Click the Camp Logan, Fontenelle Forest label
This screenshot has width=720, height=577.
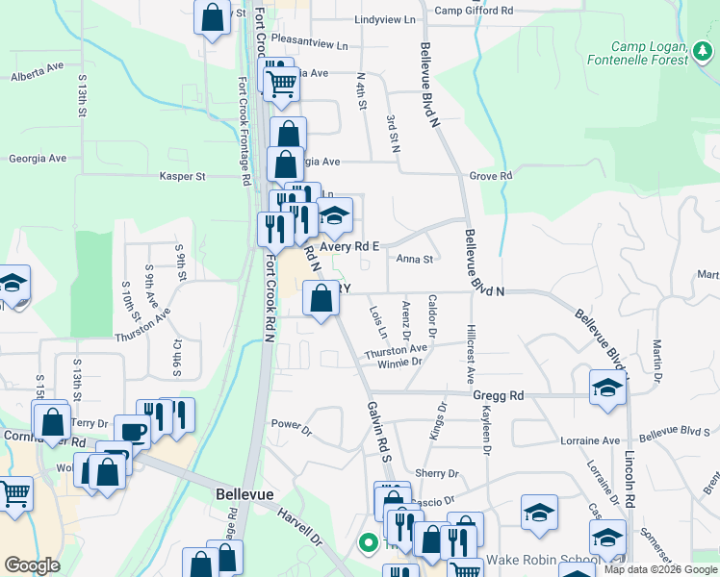pos(652,53)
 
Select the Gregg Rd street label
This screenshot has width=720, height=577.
pos(498,395)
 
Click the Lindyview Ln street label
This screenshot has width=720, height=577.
pos(385,19)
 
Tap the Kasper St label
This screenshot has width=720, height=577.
pos(182,177)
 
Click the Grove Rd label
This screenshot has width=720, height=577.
pos(491,177)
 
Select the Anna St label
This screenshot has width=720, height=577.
pos(416,259)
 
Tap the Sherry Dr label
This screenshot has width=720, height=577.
pos(436,474)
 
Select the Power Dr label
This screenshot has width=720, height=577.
pos(292,424)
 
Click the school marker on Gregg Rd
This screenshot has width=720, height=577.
pos(606,388)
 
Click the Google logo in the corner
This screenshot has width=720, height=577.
pos(32,565)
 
